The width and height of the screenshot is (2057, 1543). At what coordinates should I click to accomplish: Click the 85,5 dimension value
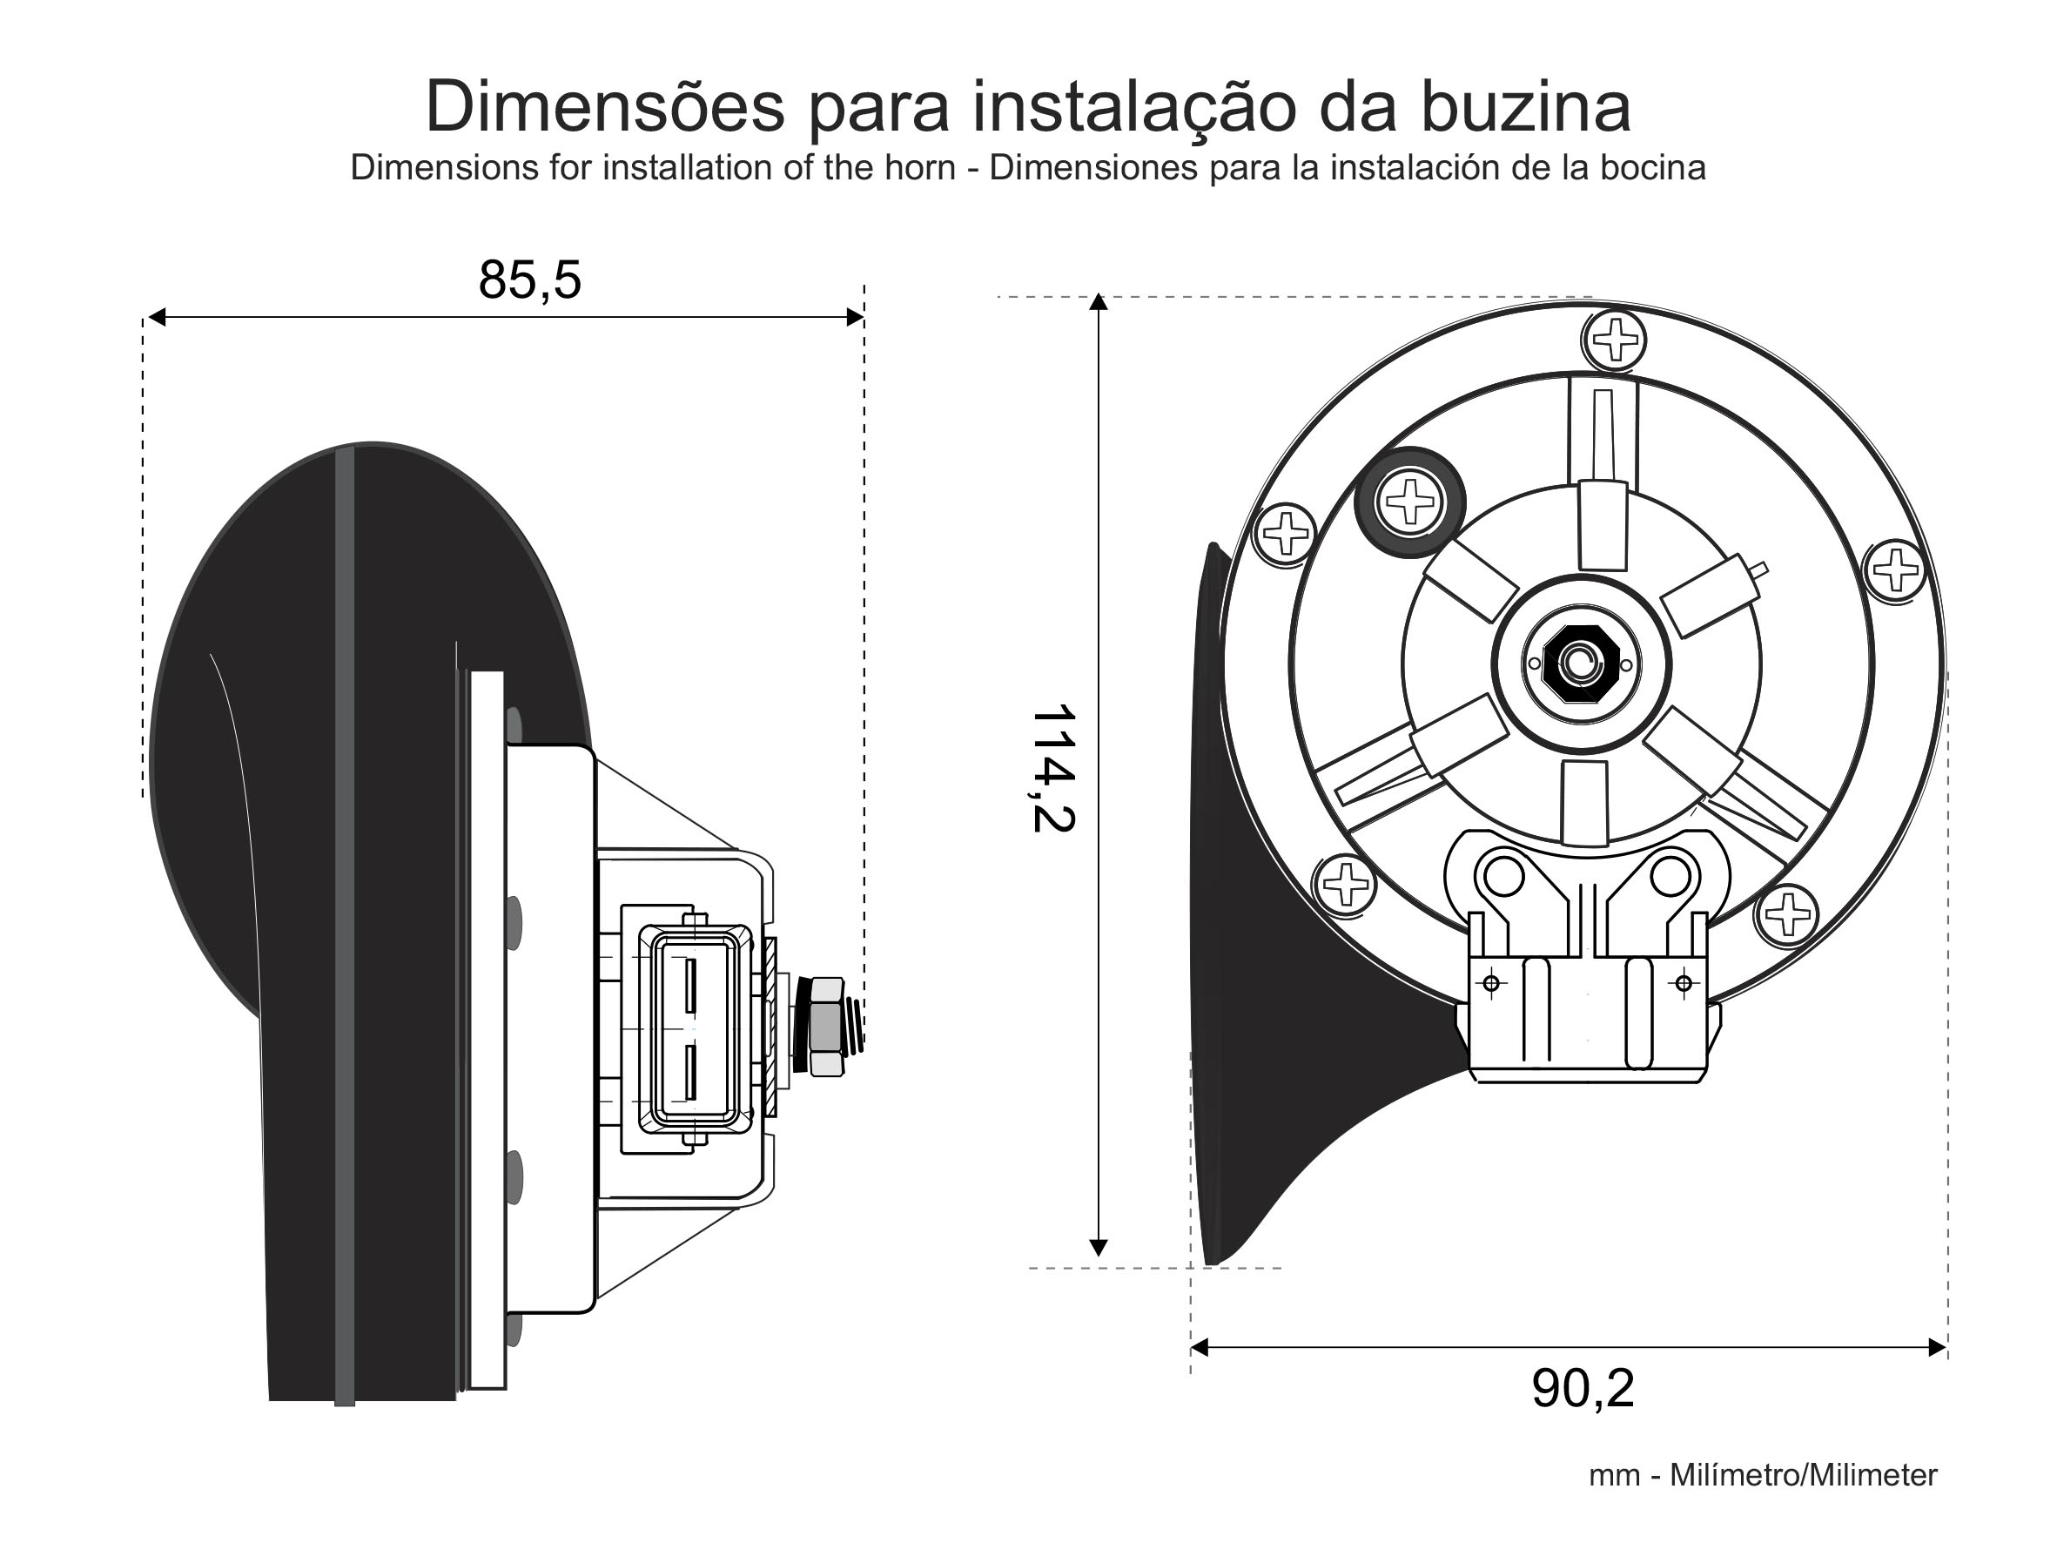pos(530,280)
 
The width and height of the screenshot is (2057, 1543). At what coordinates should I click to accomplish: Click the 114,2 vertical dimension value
pos(1053,768)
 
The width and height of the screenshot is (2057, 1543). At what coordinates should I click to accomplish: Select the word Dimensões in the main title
pos(604,106)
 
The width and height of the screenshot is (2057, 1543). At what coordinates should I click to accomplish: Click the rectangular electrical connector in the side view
pos(695,1029)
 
